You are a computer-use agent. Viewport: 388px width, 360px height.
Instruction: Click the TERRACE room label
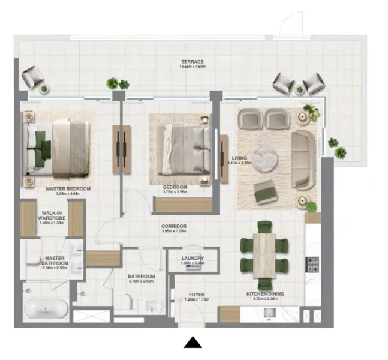[193, 61]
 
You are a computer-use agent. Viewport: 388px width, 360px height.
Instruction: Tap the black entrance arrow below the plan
[193, 343]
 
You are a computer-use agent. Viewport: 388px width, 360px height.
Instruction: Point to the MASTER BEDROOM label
[68, 189]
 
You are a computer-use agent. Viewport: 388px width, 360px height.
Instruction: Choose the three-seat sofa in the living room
[303, 158]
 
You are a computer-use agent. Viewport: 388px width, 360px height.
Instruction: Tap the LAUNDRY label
[193, 259]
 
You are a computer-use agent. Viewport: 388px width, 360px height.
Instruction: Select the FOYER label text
[197, 295]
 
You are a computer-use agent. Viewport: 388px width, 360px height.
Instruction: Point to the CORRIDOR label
[173, 226]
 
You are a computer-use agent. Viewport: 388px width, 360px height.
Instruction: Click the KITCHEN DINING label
[265, 294]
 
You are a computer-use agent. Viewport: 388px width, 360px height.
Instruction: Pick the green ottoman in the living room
[264, 193]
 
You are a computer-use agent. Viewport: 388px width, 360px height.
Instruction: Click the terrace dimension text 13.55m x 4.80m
[193, 67]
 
